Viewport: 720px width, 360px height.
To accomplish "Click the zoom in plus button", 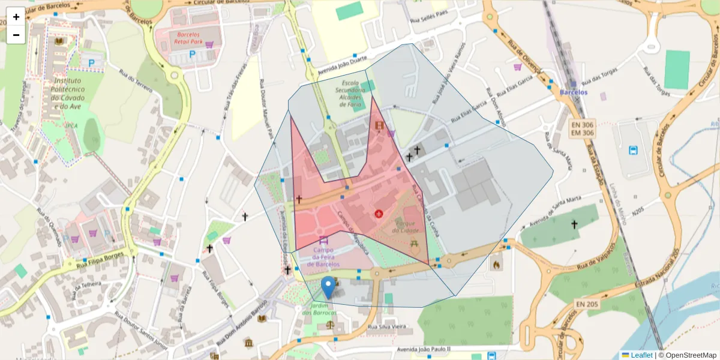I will tap(16, 17).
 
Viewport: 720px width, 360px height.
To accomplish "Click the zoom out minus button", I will tap(16, 35).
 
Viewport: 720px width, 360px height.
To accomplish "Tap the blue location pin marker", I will tap(328, 287).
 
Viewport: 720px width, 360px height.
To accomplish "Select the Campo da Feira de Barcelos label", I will tap(323, 257).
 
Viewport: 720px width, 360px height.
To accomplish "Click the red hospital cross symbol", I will tap(379, 213).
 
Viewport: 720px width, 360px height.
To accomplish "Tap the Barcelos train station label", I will tap(573, 92).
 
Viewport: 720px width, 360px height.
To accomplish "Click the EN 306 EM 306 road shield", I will tap(581, 128).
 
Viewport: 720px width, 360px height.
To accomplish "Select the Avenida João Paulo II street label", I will tap(423, 349).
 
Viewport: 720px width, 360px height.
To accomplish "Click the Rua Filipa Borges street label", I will tap(98, 263).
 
